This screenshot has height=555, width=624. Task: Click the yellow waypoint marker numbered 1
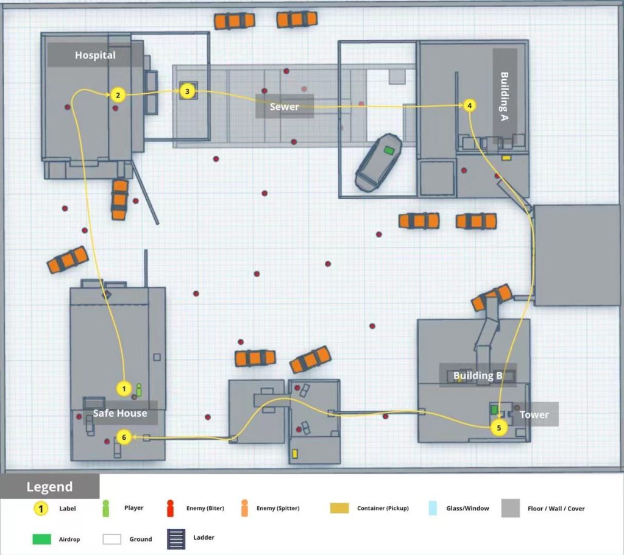(x=124, y=389)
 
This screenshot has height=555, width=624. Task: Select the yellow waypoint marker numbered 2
(x=118, y=95)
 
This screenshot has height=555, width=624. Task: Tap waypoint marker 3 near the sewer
(x=188, y=91)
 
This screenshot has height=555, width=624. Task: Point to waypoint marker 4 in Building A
(x=470, y=105)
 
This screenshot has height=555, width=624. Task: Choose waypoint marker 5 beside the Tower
(x=499, y=428)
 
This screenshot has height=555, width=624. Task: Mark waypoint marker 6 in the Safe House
(x=124, y=437)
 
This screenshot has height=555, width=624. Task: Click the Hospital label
(x=95, y=55)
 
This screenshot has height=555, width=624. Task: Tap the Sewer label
(x=284, y=107)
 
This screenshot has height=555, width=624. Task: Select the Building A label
(x=504, y=96)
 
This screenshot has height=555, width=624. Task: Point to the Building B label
(x=478, y=375)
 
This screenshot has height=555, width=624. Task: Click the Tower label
(x=534, y=414)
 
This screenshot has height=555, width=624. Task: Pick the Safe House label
(x=120, y=414)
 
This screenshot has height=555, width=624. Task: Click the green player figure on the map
(x=138, y=390)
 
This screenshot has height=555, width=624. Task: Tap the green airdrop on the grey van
(x=389, y=150)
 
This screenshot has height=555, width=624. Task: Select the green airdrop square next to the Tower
(x=494, y=410)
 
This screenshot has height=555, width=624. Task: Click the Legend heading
(x=49, y=487)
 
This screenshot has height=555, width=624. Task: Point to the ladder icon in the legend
(x=176, y=539)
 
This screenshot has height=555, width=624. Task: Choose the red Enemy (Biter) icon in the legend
(x=171, y=509)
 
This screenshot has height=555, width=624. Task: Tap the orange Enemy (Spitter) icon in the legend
(x=244, y=509)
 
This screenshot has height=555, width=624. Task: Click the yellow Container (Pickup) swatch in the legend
(x=339, y=508)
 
